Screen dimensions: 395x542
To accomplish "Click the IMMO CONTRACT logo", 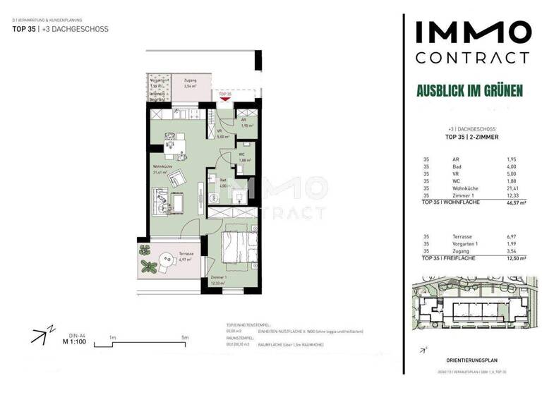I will tap(471, 42).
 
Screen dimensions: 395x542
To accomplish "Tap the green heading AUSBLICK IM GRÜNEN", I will tap(469, 90).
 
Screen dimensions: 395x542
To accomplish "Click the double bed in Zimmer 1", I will tap(240, 251).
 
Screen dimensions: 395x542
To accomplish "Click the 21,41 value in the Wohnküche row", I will tap(512, 188).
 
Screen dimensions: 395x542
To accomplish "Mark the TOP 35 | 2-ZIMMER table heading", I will tap(472, 137).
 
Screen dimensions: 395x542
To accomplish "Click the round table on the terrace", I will tap(167, 261).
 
